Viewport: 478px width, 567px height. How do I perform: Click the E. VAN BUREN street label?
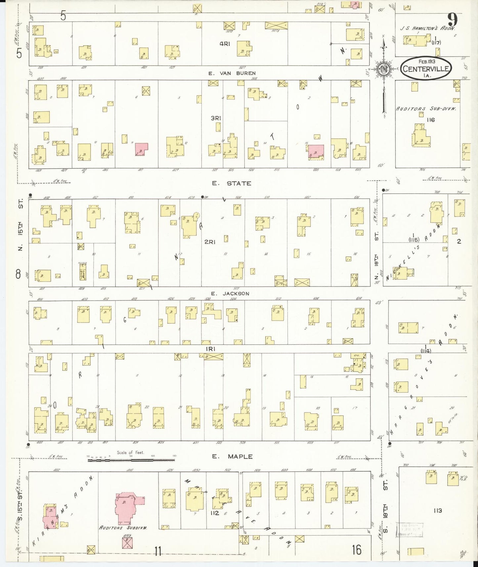pyautogui.click(x=232, y=73)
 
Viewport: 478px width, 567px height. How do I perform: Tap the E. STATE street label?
pyautogui.click(x=232, y=183)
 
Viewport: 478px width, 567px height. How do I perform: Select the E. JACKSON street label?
pyautogui.click(x=230, y=293)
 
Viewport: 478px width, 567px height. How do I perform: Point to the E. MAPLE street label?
pyautogui.click(x=232, y=457)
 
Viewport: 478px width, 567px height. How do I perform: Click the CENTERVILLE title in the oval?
pyautogui.click(x=426, y=69)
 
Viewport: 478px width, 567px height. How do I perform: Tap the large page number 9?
pyautogui.click(x=452, y=21)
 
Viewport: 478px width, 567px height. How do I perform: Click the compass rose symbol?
pyautogui.click(x=383, y=69)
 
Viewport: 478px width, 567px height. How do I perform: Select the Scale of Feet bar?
pyautogui.click(x=131, y=459)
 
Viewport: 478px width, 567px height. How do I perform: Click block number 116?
pyautogui.click(x=430, y=120)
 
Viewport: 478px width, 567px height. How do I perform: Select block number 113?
pyautogui.click(x=437, y=511)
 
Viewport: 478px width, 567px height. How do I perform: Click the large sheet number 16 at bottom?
pyautogui.click(x=356, y=550)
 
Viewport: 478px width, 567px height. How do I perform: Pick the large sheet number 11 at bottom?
pyautogui.click(x=158, y=551)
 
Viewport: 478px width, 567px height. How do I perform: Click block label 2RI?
pyautogui.click(x=210, y=242)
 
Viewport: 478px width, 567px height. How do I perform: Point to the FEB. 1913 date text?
pyautogui.click(x=426, y=62)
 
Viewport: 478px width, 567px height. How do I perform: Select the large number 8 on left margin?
pyautogui.click(x=19, y=274)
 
